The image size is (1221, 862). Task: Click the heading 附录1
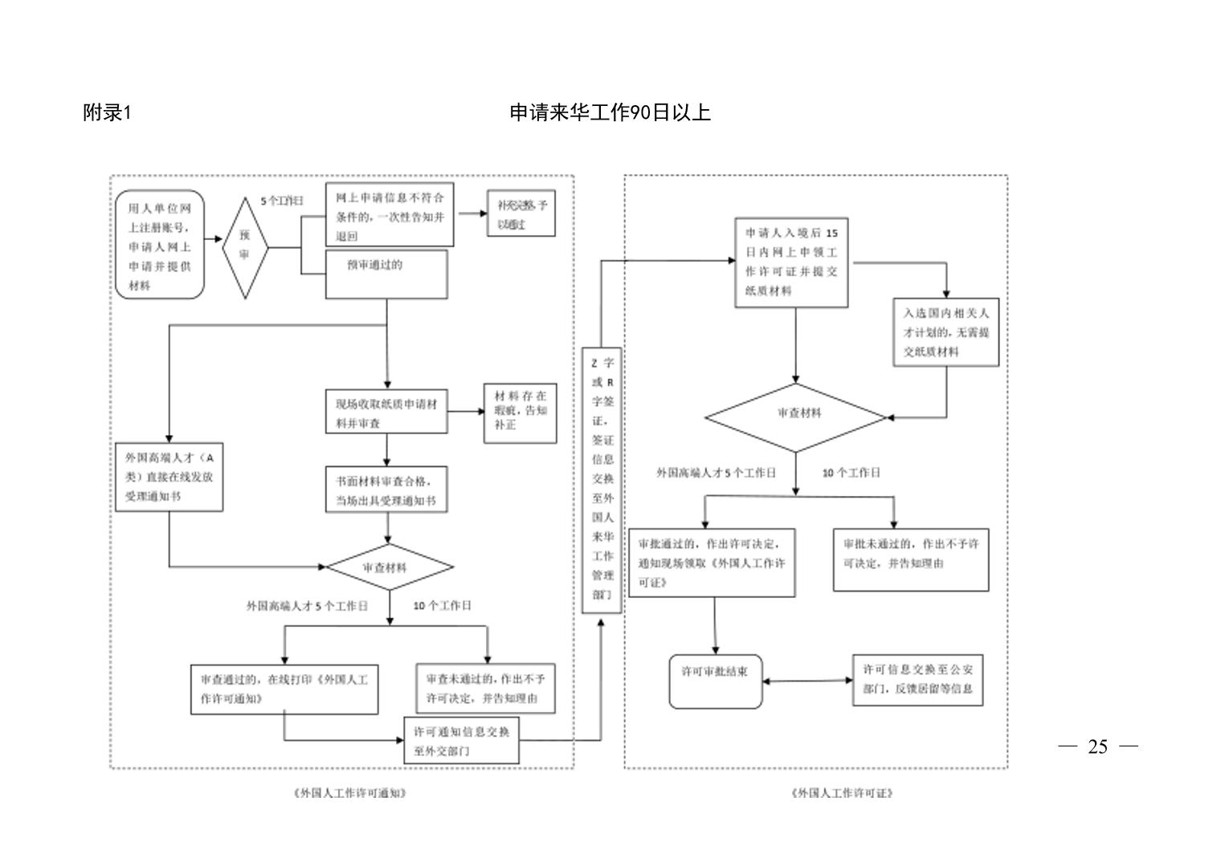pos(107,113)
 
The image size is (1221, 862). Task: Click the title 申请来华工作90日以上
pos(610,113)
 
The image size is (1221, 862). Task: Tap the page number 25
pos(1097,747)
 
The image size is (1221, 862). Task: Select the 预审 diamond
pos(244,247)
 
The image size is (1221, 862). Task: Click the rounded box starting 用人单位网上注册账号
pos(160,246)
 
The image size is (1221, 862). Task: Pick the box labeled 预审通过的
pos(386,274)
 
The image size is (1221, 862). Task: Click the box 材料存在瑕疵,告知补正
pos(521,413)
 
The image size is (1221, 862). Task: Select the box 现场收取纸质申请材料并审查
pos(386,413)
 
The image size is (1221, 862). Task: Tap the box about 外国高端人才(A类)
pos(169,477)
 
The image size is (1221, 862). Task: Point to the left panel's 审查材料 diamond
pos(390,567)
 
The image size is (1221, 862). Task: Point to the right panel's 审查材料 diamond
pos(795,417)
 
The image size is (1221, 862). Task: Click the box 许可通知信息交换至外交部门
pos(462,741)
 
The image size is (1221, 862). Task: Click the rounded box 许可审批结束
pos(716,681)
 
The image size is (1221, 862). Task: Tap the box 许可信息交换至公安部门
pos(917,679)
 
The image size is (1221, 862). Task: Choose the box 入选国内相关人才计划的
pos(945,332)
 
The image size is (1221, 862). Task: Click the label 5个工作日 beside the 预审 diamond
pos(282,201)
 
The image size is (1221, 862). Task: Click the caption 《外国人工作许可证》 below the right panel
pos(842,793)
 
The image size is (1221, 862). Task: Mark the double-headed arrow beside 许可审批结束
pos(807,681)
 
